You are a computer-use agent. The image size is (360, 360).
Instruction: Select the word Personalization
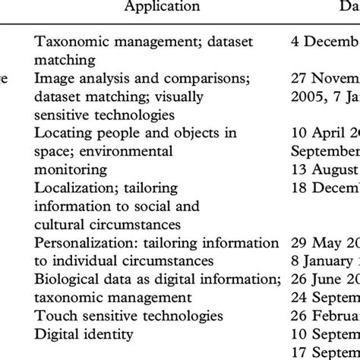[82, 242]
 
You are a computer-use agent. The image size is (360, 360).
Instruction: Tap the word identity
[99, 333]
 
